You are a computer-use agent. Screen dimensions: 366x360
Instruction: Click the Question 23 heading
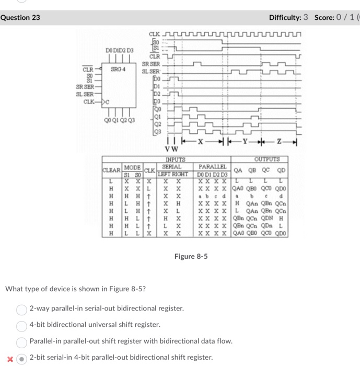20,18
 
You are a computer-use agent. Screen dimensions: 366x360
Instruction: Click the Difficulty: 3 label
289,18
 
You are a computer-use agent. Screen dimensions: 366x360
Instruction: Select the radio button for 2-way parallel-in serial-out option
21,308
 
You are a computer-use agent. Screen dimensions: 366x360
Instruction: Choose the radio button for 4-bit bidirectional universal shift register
21,325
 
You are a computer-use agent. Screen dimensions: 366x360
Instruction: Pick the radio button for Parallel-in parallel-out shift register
21,341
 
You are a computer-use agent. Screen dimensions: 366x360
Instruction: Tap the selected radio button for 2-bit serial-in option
21,358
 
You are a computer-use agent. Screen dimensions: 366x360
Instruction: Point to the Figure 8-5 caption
191,256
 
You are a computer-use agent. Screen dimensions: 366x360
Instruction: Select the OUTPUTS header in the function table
268,159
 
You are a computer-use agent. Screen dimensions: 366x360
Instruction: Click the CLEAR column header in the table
111,170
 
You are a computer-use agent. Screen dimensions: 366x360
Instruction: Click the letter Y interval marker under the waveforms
245,142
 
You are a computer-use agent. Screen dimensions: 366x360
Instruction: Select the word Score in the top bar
325,18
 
